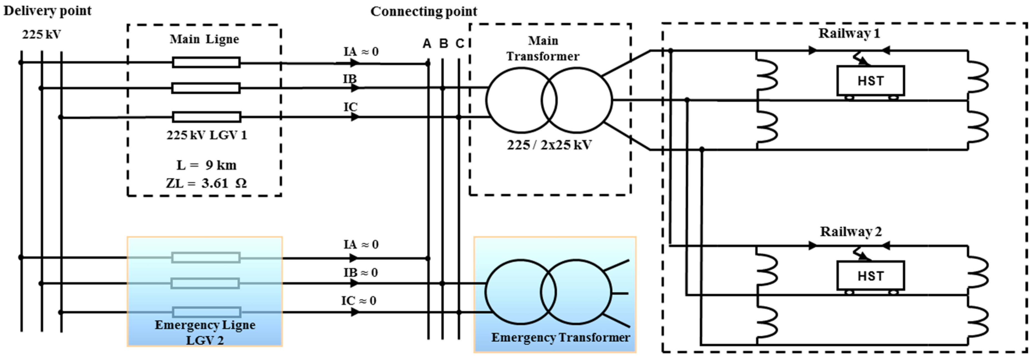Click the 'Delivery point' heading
47,11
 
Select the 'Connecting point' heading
423,12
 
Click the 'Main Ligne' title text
204,39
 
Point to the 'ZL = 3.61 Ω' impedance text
206,183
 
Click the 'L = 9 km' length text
206,165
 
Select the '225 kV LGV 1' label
207,135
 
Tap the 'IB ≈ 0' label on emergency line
360,273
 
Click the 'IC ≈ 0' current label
358,301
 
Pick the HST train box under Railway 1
870,80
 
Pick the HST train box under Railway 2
870,276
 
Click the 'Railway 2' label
851,232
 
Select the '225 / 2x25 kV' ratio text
549,145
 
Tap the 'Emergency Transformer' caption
560,338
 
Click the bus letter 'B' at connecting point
443,43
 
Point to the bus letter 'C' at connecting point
460,43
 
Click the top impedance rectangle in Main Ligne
206,62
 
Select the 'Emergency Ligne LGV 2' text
205,332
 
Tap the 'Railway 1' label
849,33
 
